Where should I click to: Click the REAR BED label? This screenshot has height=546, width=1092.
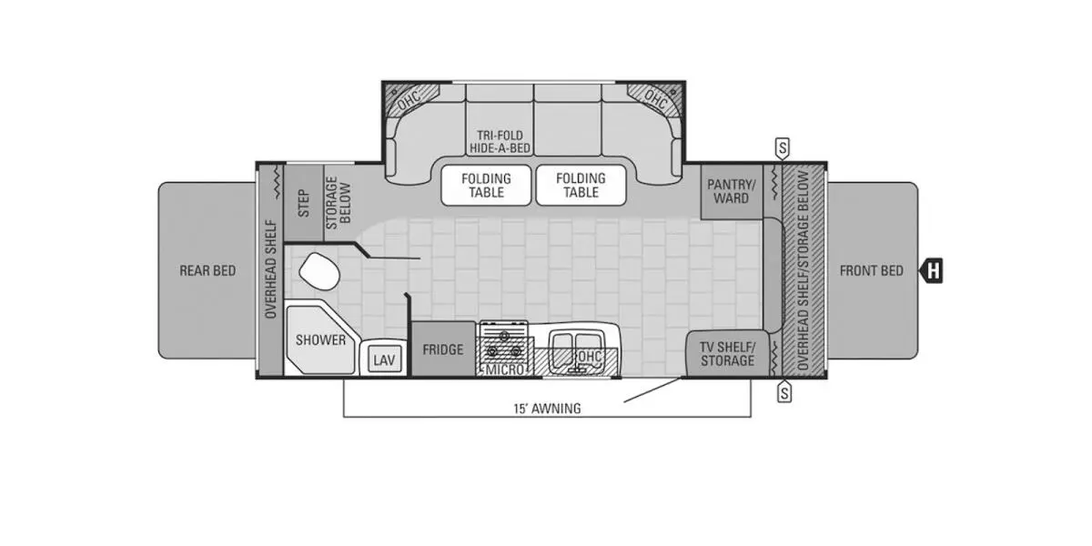tap(207, 270)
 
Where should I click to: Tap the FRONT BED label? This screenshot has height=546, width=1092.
tap(872, 270)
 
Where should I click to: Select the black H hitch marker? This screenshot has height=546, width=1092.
tap(931, 270)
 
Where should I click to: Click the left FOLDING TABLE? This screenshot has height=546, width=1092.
tap(486, 186)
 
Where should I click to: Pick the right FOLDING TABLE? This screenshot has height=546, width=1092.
tap(581, 186)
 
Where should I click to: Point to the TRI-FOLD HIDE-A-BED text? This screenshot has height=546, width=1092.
tap(500, 142)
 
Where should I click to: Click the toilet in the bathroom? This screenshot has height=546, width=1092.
tap(319, 271)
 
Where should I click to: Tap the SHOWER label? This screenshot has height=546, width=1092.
tap(320, 339)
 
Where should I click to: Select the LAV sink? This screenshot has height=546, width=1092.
tap(384, 359)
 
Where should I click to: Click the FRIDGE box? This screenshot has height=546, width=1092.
tap(443, 349)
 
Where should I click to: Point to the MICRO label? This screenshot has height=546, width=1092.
tap(504, 370)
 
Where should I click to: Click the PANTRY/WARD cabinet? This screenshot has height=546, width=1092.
tap(732, 192)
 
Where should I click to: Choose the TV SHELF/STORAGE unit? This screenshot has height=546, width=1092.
tap(727, 354)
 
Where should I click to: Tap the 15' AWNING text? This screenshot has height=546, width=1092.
tap(547, 409)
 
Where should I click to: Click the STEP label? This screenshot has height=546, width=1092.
tap(303, 203)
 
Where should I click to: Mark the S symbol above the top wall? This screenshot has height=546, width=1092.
tap(783, 147)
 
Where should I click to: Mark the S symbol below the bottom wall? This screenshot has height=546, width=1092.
tap(784, 391)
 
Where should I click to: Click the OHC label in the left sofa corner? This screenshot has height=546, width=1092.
tap(409, 100)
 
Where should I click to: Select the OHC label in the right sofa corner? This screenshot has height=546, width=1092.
tap(656, 99)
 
